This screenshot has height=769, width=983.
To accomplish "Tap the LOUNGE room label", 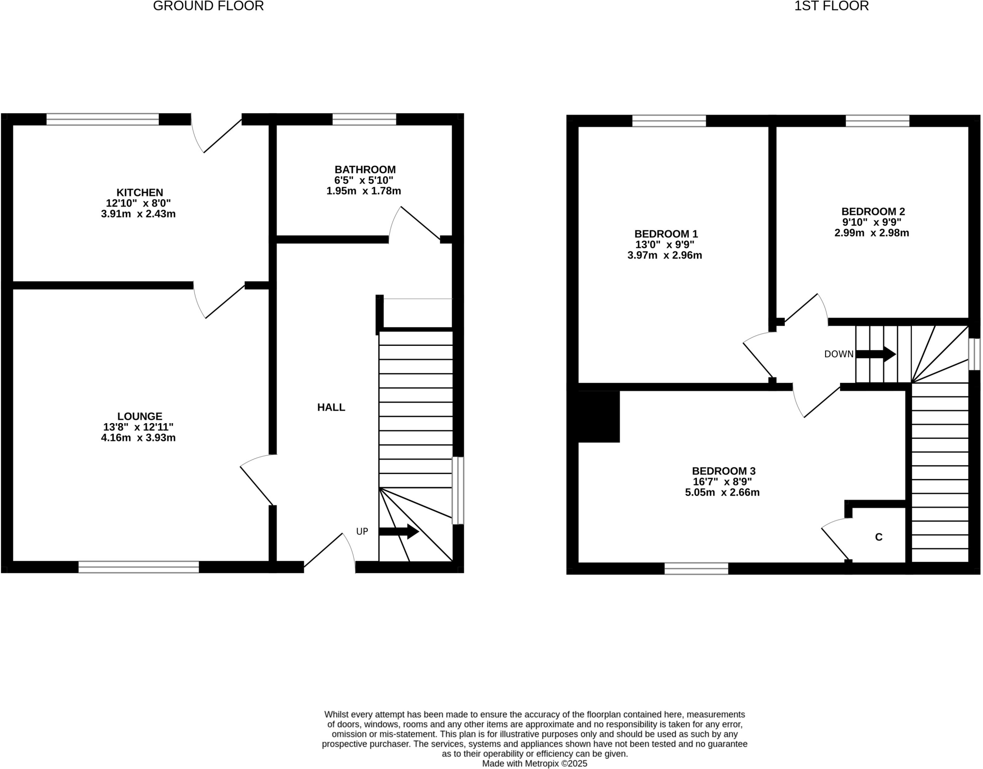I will coord(140,416).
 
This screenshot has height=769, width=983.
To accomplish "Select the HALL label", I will coord(331,407).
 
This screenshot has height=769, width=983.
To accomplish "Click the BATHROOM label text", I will coord(365,169).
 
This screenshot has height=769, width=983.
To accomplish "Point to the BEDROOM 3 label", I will coord(723,471).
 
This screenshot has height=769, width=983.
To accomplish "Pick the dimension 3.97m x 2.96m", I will coord(664,255).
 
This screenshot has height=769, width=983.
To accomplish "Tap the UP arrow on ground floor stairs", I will coord(398,532).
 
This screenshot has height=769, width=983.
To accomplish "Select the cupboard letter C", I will coord(879,537).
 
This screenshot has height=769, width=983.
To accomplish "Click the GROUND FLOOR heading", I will coord(208,6).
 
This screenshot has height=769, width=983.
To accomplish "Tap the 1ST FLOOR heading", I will coord(831,6).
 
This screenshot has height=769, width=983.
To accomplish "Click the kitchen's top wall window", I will coord(102,119).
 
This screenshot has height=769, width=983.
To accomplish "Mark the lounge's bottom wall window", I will coord(139,567).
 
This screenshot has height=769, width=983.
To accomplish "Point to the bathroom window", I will coord(364,119).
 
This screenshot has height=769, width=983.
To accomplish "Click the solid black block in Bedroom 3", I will coord(599,416).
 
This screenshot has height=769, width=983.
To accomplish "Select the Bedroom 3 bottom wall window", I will coord(696,568).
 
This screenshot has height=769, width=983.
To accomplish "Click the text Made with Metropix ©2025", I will coord(534,763).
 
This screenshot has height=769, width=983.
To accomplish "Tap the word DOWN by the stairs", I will coord(839,355).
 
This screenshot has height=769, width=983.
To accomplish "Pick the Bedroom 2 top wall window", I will coord(877,120).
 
